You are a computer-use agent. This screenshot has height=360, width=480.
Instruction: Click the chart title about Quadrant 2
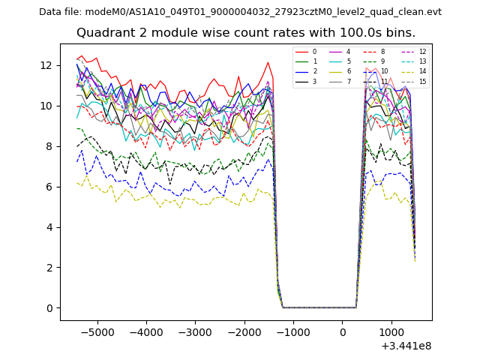tap(245, 33)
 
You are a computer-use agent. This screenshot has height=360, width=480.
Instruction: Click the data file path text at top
tap(240, 12)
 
